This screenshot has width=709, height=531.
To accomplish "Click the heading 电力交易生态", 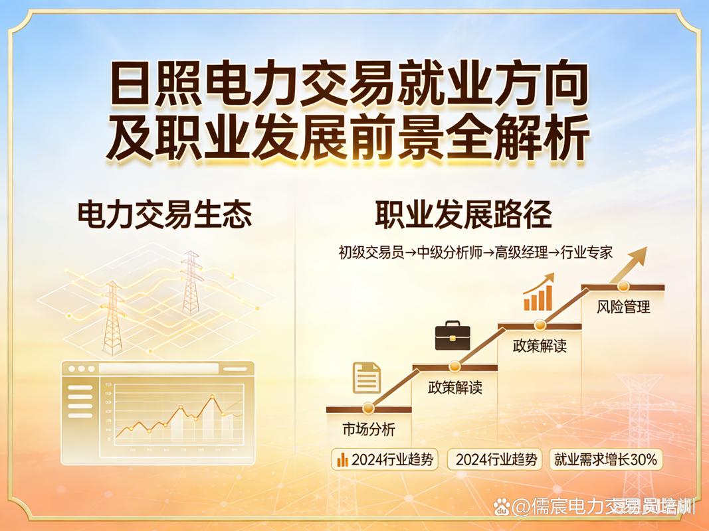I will click(165, 215).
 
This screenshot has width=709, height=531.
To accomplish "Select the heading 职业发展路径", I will click(463, 215).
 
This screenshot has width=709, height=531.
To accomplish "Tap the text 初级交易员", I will click(371, 253).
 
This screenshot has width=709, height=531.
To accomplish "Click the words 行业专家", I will click(585, 253).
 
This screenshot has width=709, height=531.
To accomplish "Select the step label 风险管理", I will click(623, 307).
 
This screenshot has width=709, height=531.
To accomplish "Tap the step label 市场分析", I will click(368, 429).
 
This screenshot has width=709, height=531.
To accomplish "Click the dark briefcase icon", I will click(453, 335).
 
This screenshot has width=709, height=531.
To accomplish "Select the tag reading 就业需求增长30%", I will click(605, 459).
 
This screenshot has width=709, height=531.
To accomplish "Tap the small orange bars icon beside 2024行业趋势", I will click(343, 459).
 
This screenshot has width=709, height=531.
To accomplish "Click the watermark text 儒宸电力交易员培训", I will click(603, 507).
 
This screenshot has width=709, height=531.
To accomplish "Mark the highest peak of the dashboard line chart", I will click(213, 397).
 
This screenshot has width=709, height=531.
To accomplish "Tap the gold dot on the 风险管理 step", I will click(623, 286).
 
